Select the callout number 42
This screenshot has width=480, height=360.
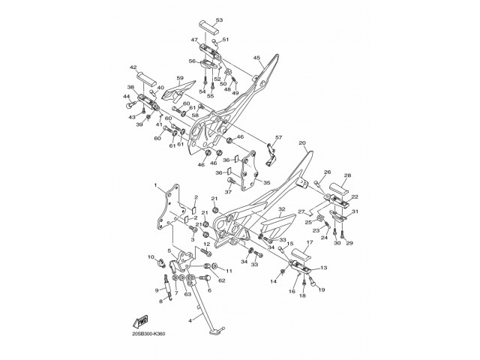tap(133, 67)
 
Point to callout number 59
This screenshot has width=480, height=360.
tap(180, 78)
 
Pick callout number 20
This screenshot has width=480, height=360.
tap(302, 142)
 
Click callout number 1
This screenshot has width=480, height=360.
tap(155, 184)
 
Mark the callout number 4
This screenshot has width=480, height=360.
tap(190, 320)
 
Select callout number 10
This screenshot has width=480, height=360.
tap(150, 257)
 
